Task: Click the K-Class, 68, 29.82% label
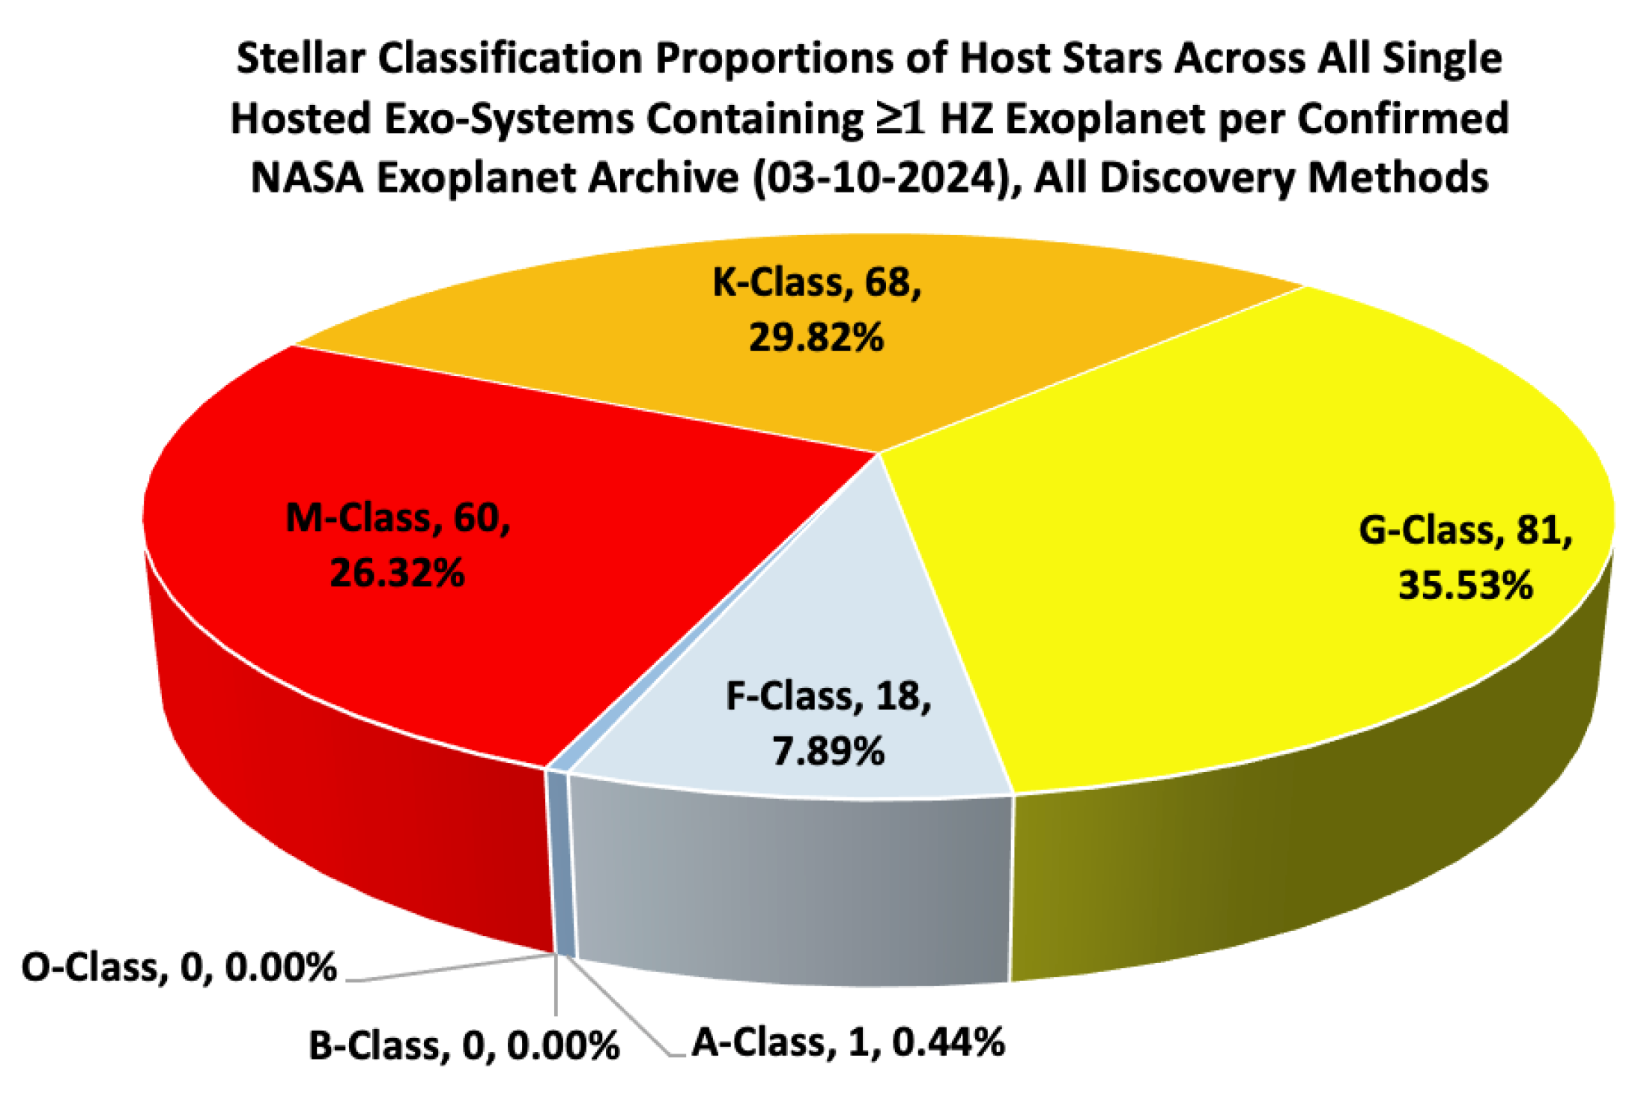(816, 309)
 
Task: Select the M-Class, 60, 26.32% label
(398, 545)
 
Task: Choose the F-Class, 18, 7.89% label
(828, 723)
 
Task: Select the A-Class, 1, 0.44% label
(848, 1042)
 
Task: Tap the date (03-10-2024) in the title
(883, 178)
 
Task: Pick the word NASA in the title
(307, 178)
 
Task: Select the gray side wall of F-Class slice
(786, 884)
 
